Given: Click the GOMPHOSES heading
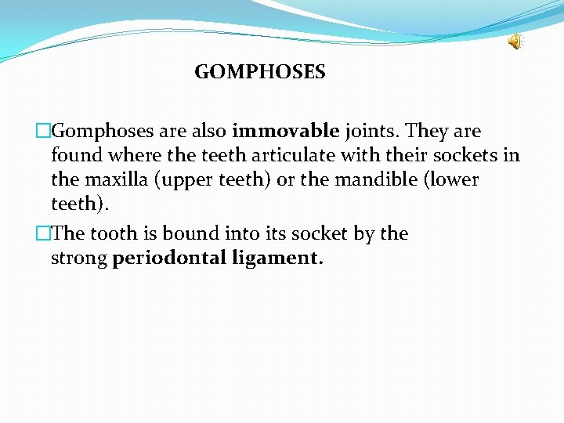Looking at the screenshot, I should point(259,73).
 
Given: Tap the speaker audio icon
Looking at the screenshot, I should point(515,42).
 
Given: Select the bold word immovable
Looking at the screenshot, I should point(285,131).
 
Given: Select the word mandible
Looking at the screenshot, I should point(372,179).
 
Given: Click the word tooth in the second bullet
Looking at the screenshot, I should point(114,233).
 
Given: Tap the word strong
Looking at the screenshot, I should point(78,258).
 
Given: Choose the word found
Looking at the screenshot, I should point(74,155).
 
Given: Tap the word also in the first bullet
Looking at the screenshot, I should point(207,131).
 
